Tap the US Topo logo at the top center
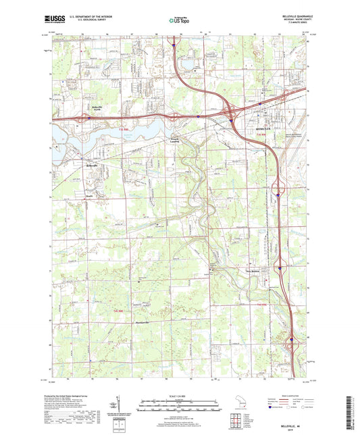178,21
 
